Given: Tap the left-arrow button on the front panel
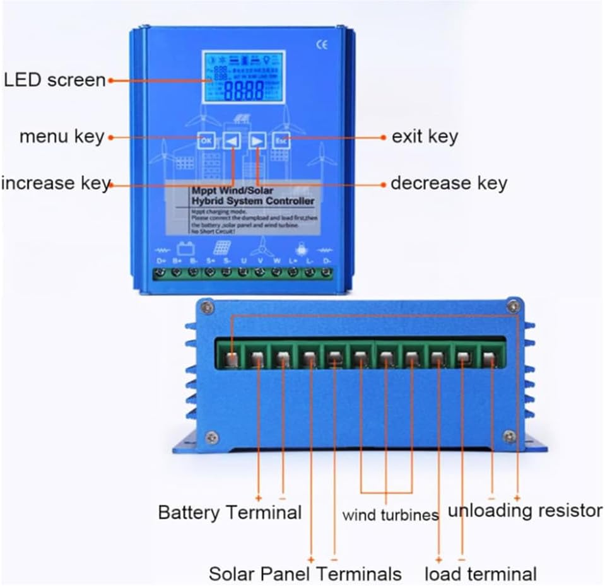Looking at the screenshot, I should point(232,140).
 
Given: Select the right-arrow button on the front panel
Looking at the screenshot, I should point(257,140).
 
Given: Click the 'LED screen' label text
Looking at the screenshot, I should point(54,80).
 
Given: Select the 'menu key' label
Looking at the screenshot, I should point(61,136).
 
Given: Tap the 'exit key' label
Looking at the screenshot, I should point(425,136).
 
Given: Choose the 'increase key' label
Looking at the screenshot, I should point(56,183).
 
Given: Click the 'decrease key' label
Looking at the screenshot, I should point(449,183).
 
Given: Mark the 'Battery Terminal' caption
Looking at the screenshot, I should point(230,512).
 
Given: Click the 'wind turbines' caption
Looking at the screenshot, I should point(390,515).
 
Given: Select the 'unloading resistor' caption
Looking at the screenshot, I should point(524,510).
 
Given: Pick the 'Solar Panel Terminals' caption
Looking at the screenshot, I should point(305,574).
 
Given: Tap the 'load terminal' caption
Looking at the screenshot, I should point(480,574).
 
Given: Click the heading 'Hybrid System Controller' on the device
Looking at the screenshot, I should point(252,201).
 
